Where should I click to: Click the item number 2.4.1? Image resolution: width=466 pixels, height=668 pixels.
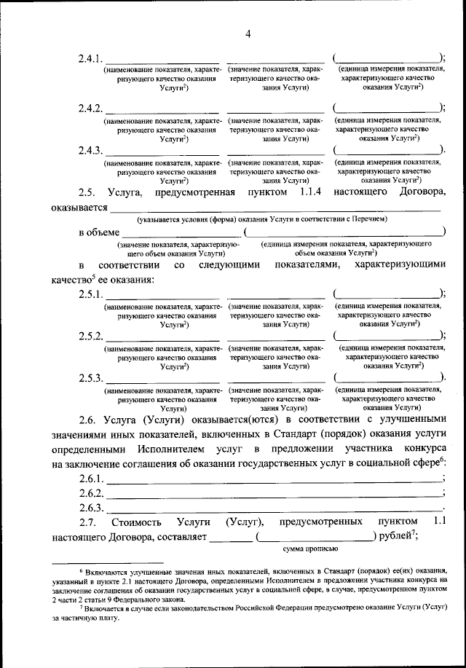[91, 59]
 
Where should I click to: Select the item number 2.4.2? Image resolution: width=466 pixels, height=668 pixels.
[91, 109]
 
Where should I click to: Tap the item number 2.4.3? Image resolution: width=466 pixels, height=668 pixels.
[91, 151]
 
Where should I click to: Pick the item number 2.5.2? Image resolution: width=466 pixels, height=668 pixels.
[91, 337]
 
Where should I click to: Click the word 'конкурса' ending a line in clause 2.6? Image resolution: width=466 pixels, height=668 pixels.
[418, 448]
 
